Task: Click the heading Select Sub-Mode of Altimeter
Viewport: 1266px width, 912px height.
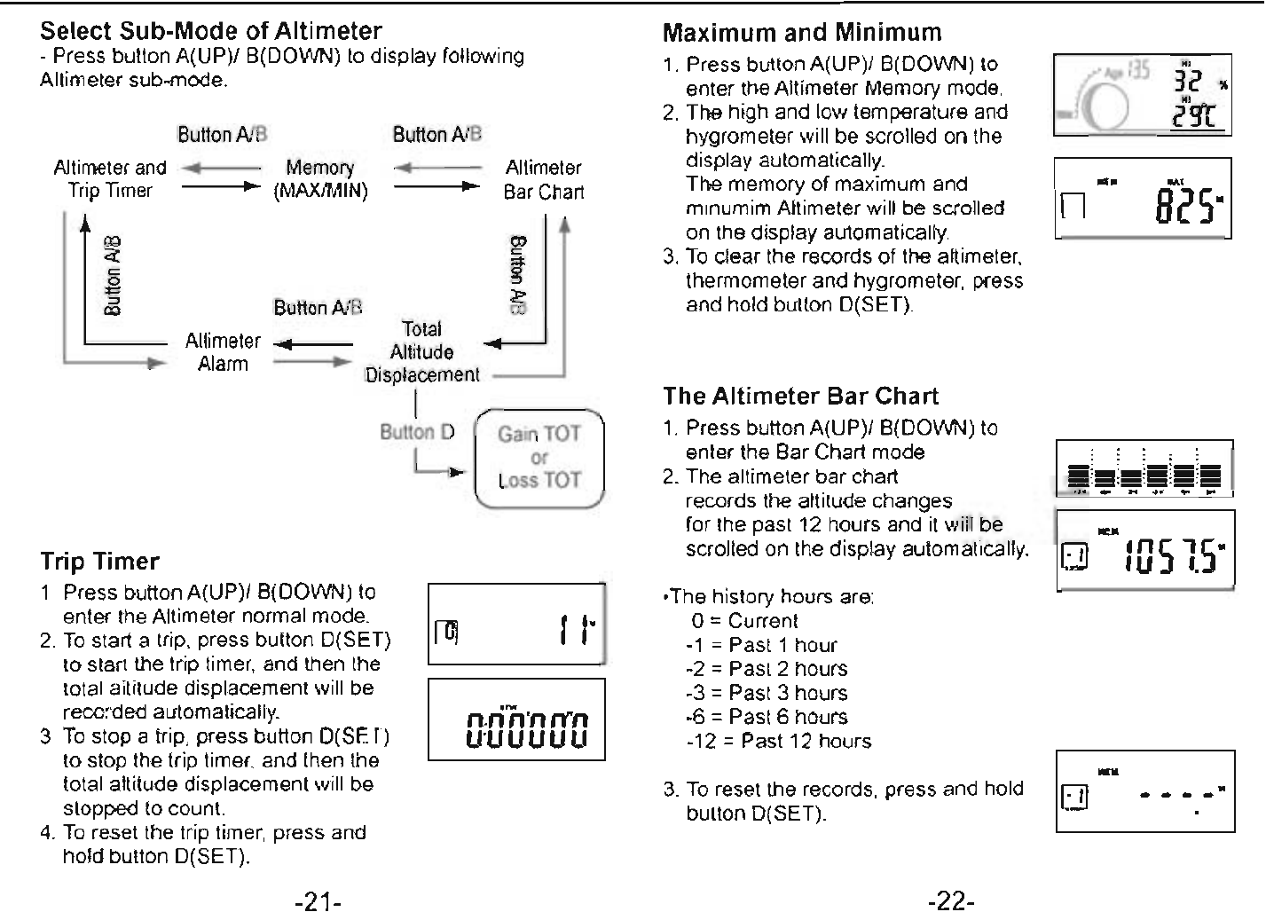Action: pyautogui.click(x=211, y=31)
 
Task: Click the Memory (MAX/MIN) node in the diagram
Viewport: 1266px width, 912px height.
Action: pyautogui.click(x=320, y=179)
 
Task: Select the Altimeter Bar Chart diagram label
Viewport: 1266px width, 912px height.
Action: pyautogui.click(x=543, y=179)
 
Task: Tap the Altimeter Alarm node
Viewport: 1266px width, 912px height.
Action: pyautogui.click(x=223, y=352)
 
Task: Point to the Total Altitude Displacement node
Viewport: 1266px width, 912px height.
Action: pyautogui.click(x=421, y=352)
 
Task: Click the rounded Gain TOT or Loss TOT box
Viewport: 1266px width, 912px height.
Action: pyautogui.click(x=539, y=458)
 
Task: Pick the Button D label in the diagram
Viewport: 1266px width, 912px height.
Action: pyautogui.click(x=417, y=432)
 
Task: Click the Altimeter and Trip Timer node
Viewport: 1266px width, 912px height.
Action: pyautogui.click(x=109, y=179)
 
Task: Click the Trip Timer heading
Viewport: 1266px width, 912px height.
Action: pyautogui.click(x=100, y=562)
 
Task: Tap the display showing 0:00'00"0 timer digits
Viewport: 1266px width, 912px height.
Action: pyautogui.click(x=516, y=719)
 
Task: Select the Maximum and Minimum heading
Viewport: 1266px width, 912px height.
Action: pyautogui.click(x=802, y=33)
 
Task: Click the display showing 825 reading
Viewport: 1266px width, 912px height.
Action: pyautogui.click(x=1143, y=198)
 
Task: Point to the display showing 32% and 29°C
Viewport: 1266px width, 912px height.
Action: pyautogui.click(x=1143, y=94)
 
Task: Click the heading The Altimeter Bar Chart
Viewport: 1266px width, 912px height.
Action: pyautogui.click(x=800, y=396)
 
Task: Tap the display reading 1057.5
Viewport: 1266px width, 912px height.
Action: pyautogui.click(x=1145, y=551)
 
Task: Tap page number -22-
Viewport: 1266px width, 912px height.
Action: pyautogui.click(x=951, y=902)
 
